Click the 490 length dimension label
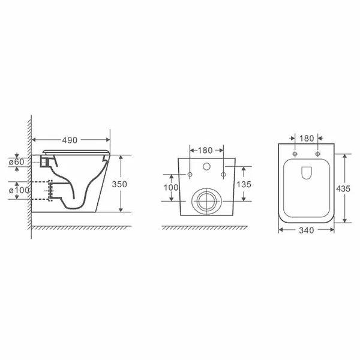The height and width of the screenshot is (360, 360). pyautogui.click(x=70, y=140)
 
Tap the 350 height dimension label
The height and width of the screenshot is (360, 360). pyautogui.click(x=119, y=184)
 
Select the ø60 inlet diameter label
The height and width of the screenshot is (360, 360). pyautogui.click(x=17, y=162)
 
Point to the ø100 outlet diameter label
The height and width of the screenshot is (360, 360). pyautogui.click(x=19, y=190)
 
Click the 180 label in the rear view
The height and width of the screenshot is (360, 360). pyautogui.click(x=205, y=151)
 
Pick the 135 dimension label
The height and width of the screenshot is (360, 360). pyautogui.click(x=244, y=184)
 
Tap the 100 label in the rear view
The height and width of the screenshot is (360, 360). pyautogui.click(x=171, y=188)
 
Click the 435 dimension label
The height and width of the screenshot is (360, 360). pyautogui.click(x=343, y=189)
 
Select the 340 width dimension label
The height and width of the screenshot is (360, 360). pyautogui.click(x=306, y=230)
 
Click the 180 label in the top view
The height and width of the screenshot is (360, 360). pyautogui.click(x=307, y=139)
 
